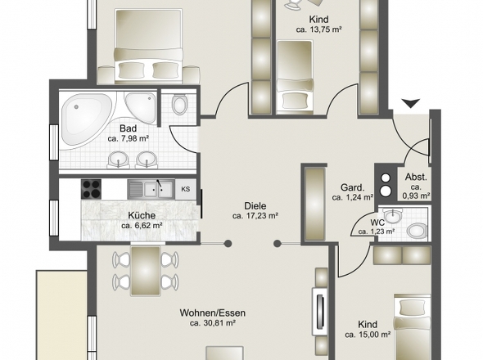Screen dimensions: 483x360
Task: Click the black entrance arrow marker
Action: tap(411, 103)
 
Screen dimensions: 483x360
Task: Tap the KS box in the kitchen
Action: tap(186, 189)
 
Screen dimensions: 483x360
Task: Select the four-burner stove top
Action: tap(91, 189)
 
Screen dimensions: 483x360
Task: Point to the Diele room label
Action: tap(255, 206)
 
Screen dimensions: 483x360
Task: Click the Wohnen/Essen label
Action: tap(213, 313)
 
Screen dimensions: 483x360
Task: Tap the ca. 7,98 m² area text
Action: tap(129, 138)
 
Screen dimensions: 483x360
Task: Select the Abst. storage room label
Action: tap(416, 177)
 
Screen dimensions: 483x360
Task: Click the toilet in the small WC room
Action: tap(417, 231)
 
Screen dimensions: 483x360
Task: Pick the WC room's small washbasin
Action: tap(393, 215)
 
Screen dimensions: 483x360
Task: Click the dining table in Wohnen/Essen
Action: tap(146, 271)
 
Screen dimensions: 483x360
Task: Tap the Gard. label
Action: tap(353, 187)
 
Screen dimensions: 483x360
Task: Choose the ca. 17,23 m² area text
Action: tap(255, 216)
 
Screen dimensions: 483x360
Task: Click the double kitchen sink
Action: tap(151, 189)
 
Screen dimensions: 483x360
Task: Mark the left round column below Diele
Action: tap(228, 244)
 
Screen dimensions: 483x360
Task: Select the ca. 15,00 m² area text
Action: tap(368, 334)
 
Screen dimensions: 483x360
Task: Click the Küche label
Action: tap(142, 215)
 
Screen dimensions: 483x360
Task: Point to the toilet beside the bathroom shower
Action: tap(179, 105)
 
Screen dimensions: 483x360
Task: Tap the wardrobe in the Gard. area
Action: tap(315, 204)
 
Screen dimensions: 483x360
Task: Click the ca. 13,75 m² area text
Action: tap(318, 29)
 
